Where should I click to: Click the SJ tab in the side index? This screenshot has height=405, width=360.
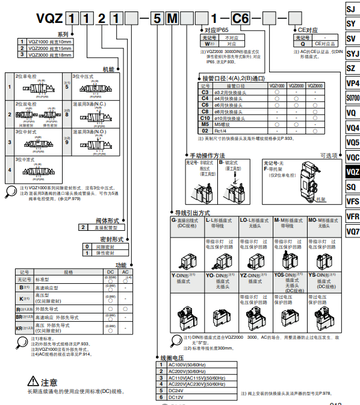tap(351, 9)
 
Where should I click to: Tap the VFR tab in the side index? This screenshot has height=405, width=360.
tap(352, 216)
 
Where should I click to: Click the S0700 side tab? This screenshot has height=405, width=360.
tap(352, 98)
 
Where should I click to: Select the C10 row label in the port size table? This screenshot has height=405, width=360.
tap(205, 119)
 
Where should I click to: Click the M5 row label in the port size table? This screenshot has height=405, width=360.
tap(205, 124)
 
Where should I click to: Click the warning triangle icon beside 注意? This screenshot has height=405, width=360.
tap(34, 381)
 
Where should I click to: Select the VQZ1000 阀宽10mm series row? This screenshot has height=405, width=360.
tap(49, 41)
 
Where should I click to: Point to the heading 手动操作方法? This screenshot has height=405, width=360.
tap(208, 155)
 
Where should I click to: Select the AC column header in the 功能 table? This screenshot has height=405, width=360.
tap(125, 272)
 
